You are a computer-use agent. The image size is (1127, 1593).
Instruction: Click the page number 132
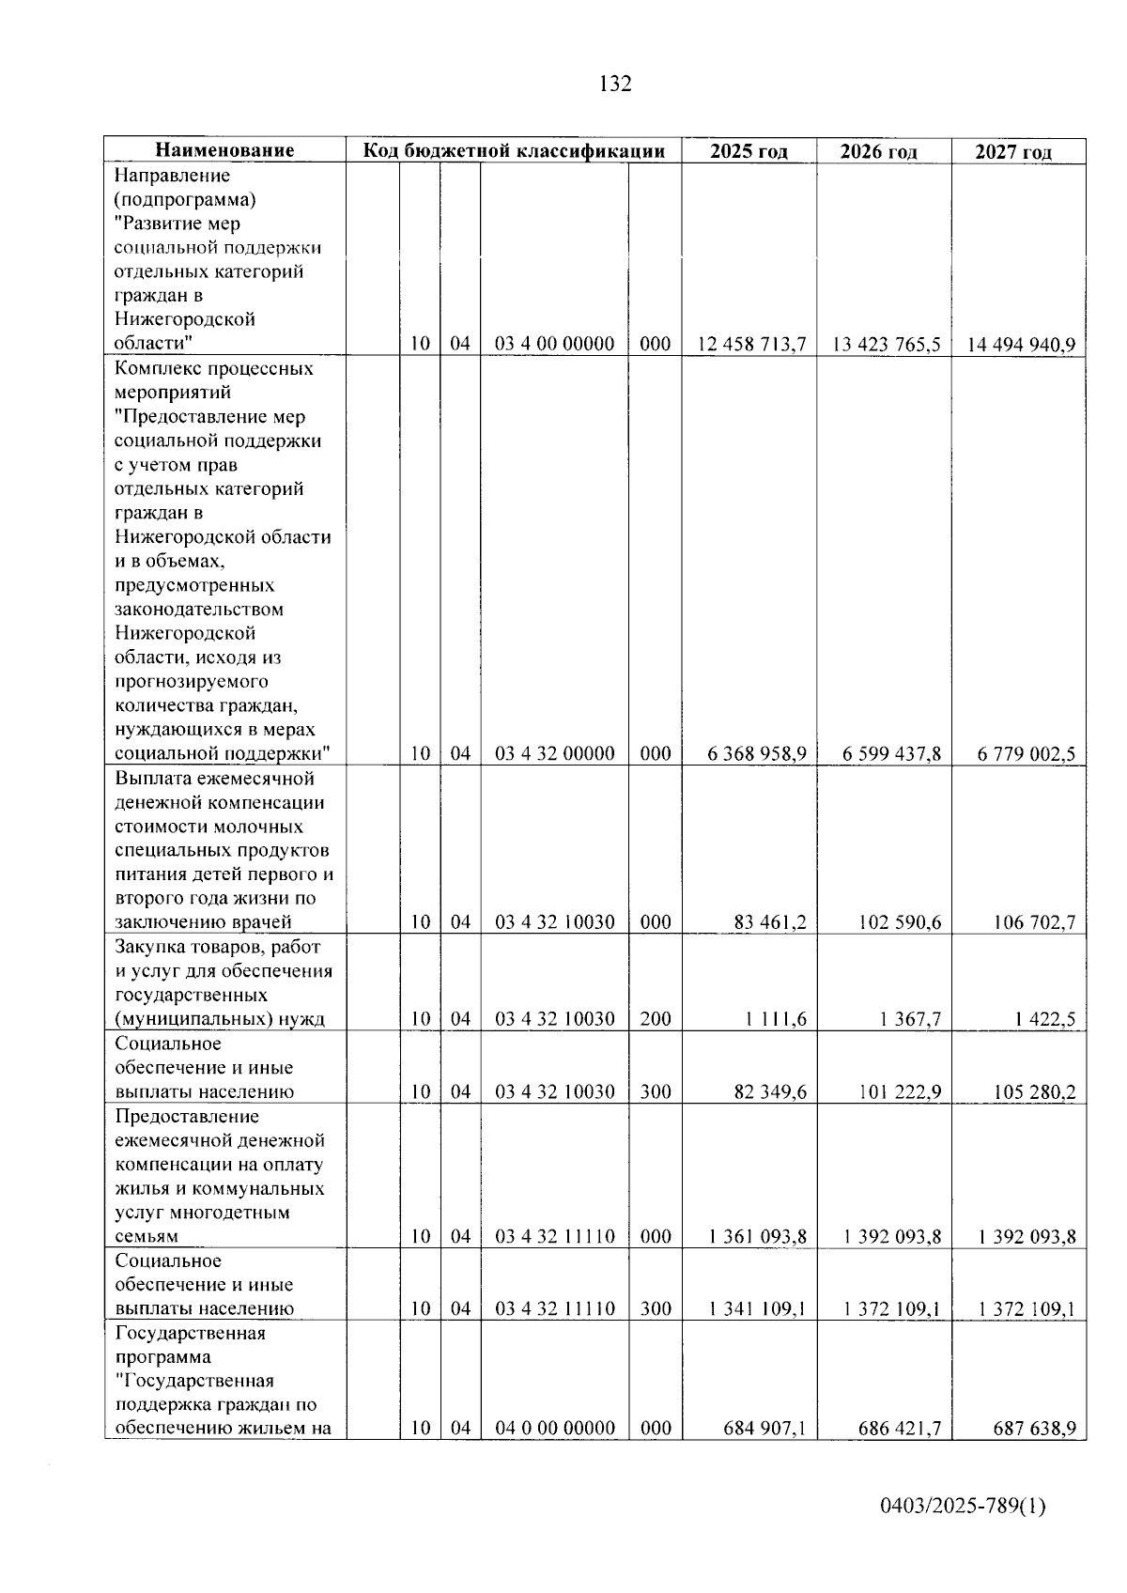[615, 84]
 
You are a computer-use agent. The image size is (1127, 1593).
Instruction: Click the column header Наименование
[224, 150]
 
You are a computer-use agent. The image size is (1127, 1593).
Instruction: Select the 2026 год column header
[878, 151]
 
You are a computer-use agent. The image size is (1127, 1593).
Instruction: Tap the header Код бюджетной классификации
[514, 150]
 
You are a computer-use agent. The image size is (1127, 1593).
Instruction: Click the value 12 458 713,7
[751, 344]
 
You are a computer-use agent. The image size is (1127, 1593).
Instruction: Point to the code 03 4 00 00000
[555, 344]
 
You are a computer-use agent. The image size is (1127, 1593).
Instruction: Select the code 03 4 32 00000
[555, 753]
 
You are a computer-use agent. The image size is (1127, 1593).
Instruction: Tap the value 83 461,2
[770, 922]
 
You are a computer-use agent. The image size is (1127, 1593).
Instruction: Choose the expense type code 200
[656, 1019]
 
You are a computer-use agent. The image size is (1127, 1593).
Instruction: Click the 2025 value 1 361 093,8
[758, 1236]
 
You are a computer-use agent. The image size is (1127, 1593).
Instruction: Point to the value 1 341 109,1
[758, 1308]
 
